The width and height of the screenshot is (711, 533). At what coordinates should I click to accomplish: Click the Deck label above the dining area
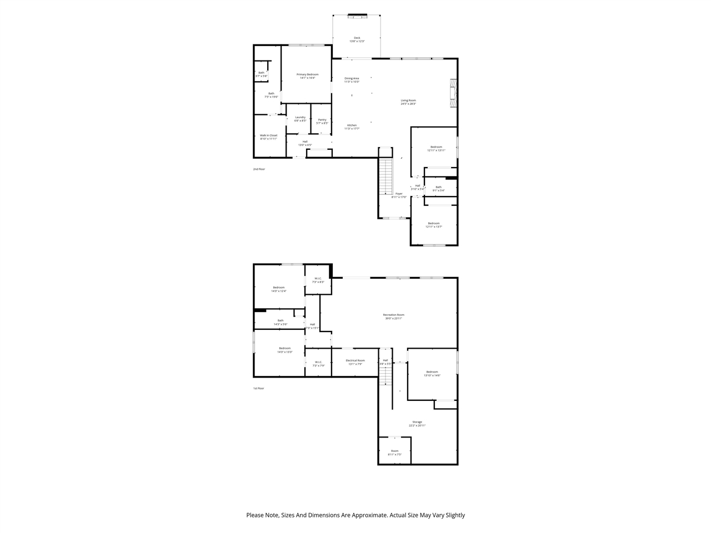pyautogui.click(x=357, y=39)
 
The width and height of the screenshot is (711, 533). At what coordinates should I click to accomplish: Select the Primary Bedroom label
pyautogui.click(x=307, y=76)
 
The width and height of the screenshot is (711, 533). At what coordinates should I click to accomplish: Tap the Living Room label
pyautogui.click(x=408, y=102)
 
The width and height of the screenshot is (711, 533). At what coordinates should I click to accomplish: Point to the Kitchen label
pyautogui.click(x=352, y=127)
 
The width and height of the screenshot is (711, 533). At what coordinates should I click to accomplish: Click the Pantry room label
pyautogui.click(x=322, y=121)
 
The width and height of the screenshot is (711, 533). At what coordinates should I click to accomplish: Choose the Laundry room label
pyautogui.click(x=300, y=119)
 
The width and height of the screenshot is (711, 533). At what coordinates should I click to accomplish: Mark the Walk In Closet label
pyautogui.click(x=268, y=137)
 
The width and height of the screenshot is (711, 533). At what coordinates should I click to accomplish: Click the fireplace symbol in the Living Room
pyautogui.click(x=453, y=93)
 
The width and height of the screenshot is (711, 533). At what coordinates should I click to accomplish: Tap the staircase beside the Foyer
pyautogui.click(x=385, y=176)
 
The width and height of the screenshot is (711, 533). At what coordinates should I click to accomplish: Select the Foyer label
pyautogui.click(x=399, y=195)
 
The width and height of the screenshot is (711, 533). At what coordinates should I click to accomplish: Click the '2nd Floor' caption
pyautogui.click(x=259, y=169)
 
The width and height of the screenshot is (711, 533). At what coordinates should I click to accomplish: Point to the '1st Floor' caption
pyautogui.click(x=258, y=388)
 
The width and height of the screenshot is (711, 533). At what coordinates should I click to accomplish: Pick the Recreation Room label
pyautogui.click(x=393, y=316)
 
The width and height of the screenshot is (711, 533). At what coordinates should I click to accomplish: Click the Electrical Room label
pyautogui.click(x=355, y=362)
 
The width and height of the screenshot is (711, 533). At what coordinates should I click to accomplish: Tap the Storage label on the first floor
pyautogui.click(x=417, y=424)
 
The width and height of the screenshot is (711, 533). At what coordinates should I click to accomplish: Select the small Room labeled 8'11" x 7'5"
pyautogui.click(x=394, y=452)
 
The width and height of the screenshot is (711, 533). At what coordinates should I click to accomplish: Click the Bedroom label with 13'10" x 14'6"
pyautogui.click(x=432, y=373)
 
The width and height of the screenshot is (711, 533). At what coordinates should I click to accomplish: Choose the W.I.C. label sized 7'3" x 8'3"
pyautogui.click(x=318, y=280)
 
